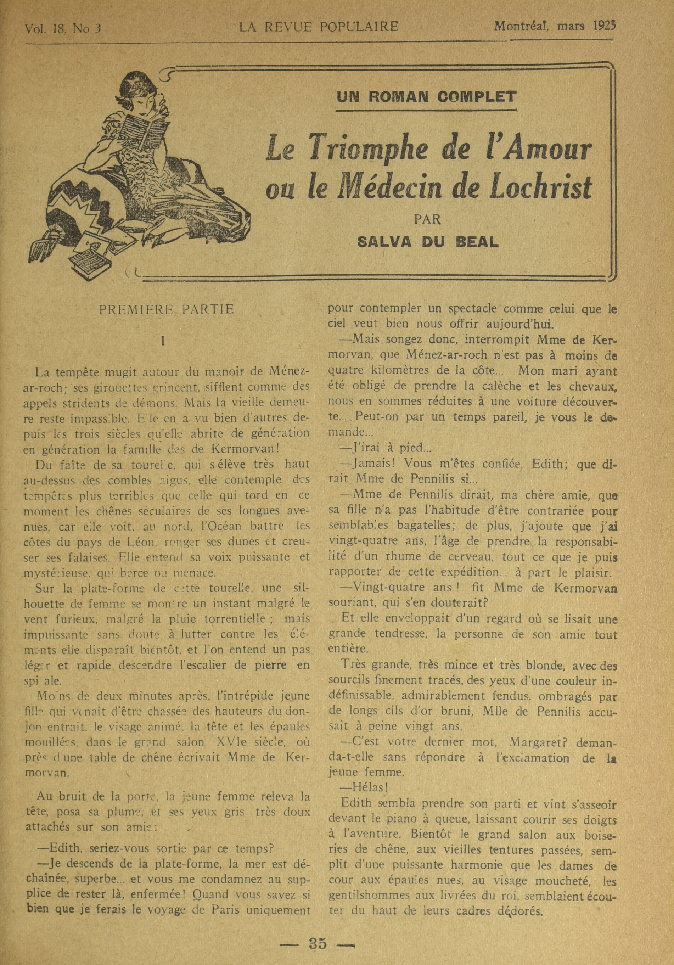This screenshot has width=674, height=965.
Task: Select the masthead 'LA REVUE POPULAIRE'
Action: pos(319,27)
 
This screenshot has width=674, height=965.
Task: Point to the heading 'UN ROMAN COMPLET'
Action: pos(426,97)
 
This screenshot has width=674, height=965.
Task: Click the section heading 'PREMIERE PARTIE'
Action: pos(166,310)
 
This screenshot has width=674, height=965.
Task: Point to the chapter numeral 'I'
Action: pos(163,341)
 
